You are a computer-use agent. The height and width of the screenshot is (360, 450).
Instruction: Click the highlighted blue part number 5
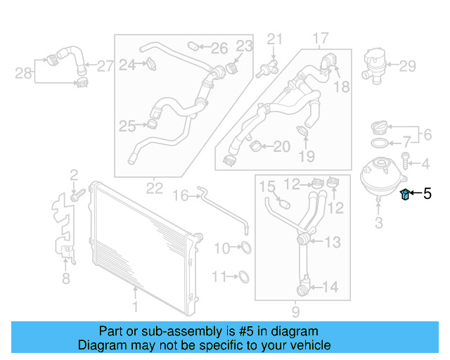coord(405,194)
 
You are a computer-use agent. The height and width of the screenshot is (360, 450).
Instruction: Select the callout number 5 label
coord(427,193)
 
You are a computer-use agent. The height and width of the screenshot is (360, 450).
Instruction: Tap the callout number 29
coord(408,67)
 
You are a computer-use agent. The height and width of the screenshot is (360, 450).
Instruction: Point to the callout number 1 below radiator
coord(135,306)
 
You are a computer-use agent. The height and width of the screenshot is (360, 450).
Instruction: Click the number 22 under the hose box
coord(154,188)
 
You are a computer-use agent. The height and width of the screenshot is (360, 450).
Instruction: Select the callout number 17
coord(321,37)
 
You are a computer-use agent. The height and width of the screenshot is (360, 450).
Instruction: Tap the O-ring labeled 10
coord(246,247)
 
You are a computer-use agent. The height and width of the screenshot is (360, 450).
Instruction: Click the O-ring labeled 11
coord(243,276)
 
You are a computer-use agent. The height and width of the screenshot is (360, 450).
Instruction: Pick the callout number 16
coord(181,195)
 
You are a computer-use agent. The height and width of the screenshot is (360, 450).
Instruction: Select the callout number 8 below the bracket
coord(65,280)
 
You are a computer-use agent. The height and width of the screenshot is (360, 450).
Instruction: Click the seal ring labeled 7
coord(378,143)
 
